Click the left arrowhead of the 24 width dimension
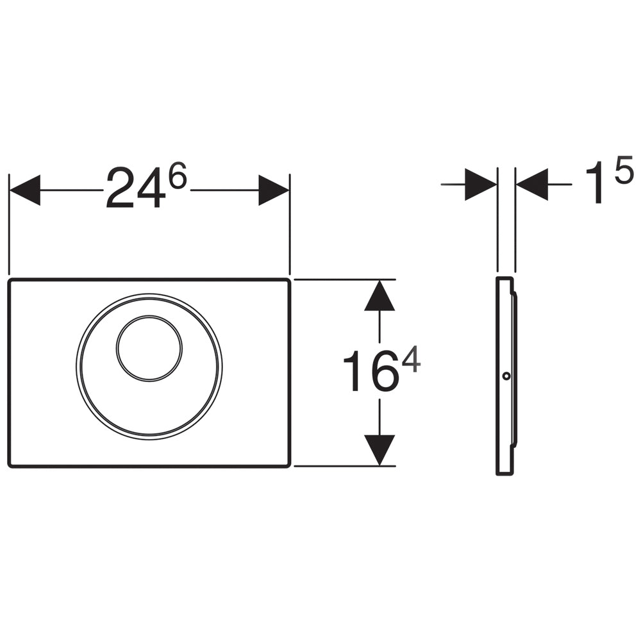(x=24, y=190)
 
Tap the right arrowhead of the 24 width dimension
(x=274, y=190)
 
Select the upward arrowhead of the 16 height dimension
(x=379, y=295)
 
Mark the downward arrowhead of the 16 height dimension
(x=379, y=450)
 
